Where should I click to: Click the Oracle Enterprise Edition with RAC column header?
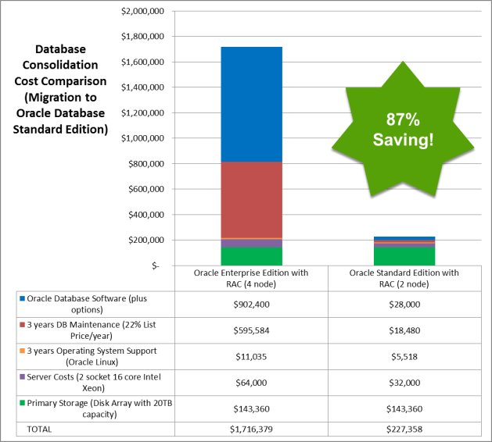251,278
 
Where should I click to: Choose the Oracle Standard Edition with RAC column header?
404,278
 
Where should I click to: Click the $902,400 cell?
251,304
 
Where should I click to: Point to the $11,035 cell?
251,356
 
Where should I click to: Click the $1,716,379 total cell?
251,429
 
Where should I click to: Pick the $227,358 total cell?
404,429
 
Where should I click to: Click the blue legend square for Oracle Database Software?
22,298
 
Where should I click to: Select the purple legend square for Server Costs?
22,378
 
